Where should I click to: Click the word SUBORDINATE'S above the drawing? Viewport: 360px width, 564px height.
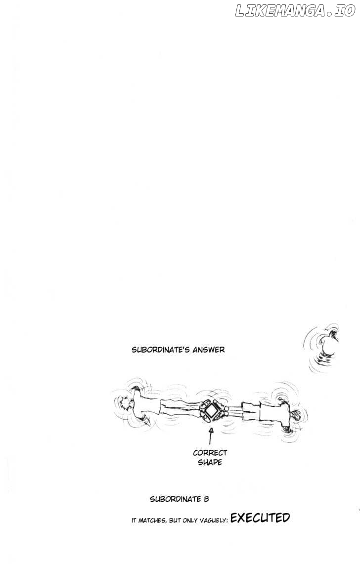point(161,349)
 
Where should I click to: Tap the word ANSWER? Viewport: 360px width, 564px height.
point(209,349)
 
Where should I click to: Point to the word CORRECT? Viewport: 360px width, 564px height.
point(210,453)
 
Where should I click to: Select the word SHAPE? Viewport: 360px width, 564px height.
point(210,462)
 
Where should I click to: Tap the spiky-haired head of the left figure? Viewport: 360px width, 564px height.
point(126,406)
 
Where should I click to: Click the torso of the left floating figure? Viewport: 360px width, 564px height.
point(147,407)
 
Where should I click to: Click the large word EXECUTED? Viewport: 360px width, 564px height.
point(260,518)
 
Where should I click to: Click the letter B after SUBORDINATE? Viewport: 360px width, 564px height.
point(207,499)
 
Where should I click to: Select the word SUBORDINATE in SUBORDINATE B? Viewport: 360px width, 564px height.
point(176,499)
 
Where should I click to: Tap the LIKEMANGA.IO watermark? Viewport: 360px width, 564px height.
point(295,11)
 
